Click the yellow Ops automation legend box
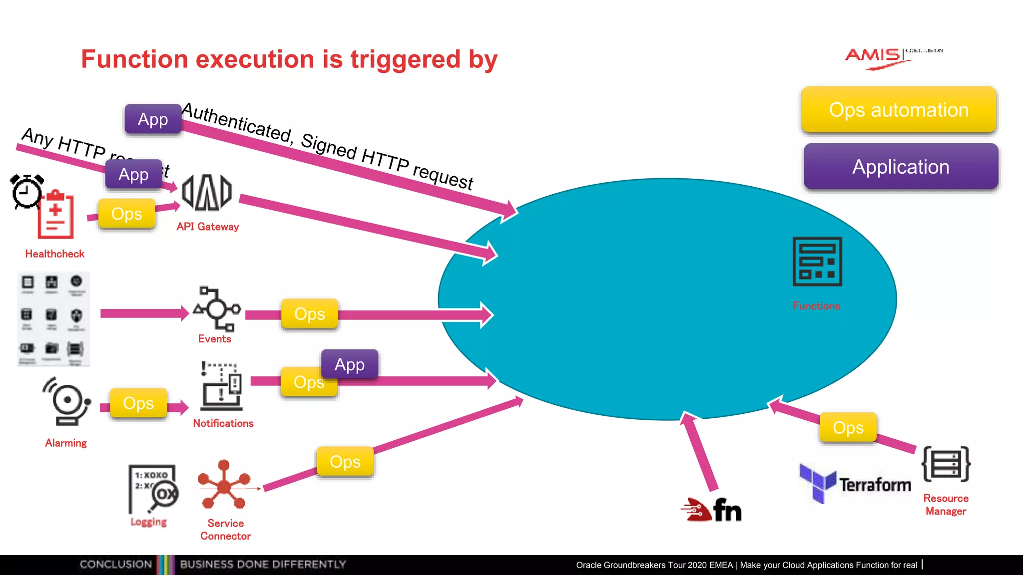[x=899, y=110]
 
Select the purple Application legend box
[x=901, y=167]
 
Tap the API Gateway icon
[x=207, y=193]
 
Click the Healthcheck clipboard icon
[x=56, y=216]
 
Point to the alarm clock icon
[x=27, y=191]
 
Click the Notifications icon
[x=222, y=386]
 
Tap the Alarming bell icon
[x=67, y=401]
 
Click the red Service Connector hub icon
[x=224, y=484]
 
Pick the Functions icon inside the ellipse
[x=817, y=262]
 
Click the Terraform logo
[x=855, y=483]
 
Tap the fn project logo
[x=711, y=510]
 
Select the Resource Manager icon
[x=946, y=464]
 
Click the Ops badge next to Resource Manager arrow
[x=848, y=428]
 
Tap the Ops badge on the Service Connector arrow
[x=345, y=462]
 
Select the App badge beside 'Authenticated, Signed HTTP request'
[x=153, y=119]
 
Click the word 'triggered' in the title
[x=405, y=59]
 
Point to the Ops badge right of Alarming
[x=138, y=403]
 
